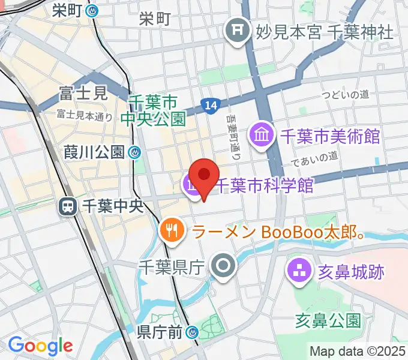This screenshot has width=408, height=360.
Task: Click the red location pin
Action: pos(204,175)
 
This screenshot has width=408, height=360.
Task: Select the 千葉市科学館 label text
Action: pos(264,186)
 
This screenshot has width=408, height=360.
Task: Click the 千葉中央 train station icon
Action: pos(67,206)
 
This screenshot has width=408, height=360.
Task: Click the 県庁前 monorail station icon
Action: pos(193,331)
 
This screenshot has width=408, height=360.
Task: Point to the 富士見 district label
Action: pos(83,93)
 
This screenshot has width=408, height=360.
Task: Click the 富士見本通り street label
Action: pos(85,114)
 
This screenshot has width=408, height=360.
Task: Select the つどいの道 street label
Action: pos(344,94)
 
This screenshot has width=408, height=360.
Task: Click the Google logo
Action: pos(40,346)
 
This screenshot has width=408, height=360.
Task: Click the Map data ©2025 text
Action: pos(358,351)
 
